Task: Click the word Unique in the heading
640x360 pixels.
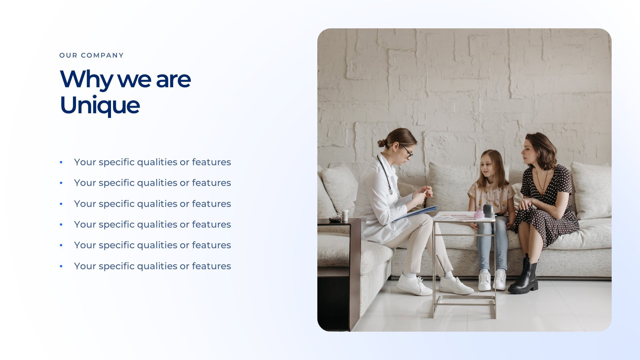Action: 100,105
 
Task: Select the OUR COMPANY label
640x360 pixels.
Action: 91,55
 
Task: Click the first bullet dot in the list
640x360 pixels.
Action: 61,162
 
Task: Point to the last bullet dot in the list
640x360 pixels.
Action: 61,266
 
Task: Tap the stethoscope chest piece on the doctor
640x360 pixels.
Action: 390,192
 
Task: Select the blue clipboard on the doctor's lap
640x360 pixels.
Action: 417,212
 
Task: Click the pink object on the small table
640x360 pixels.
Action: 479,214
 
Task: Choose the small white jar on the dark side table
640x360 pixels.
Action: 345,215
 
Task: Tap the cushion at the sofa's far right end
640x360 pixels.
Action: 592,190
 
